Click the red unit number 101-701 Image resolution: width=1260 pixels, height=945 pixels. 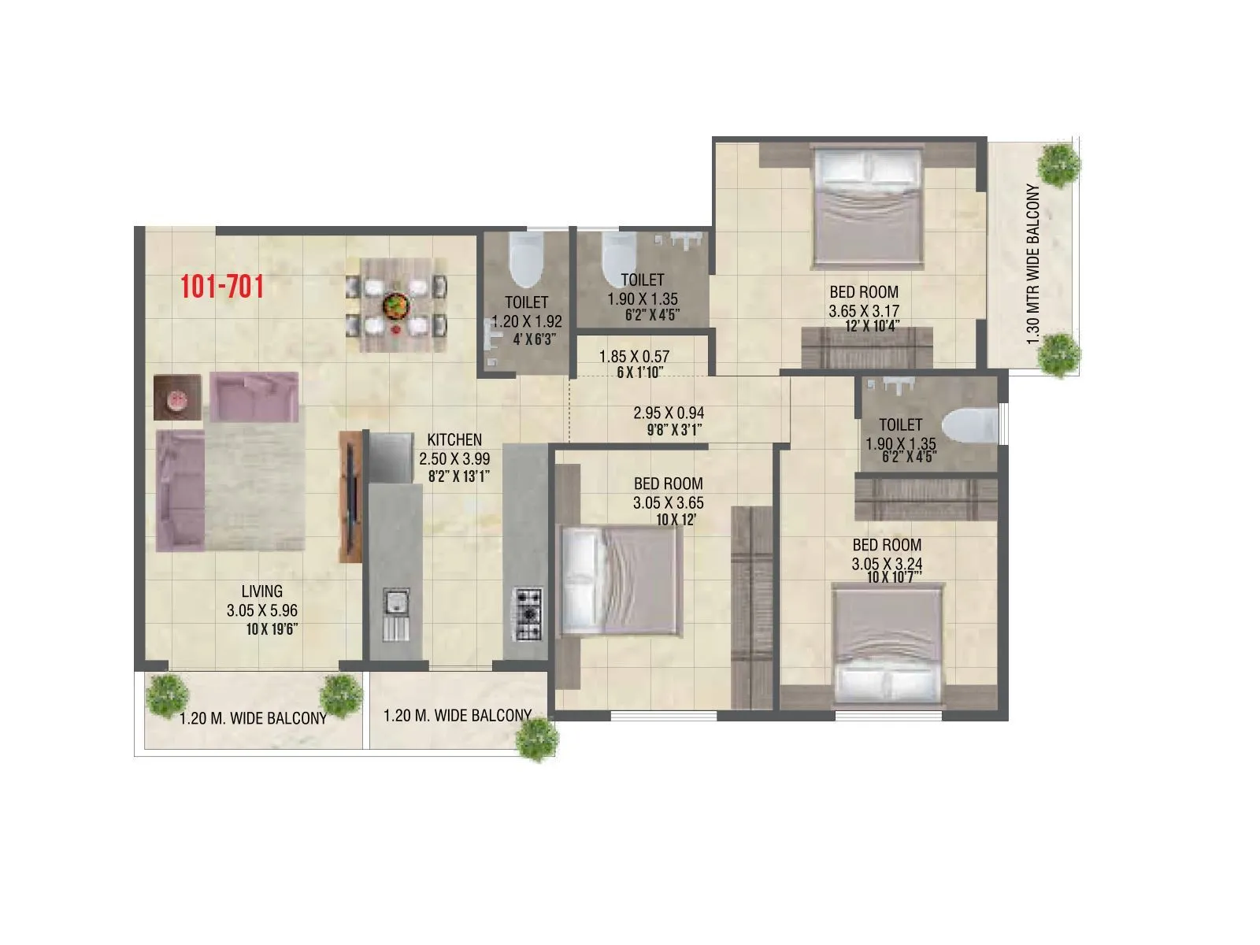pyautogui.click(x=222, y=287)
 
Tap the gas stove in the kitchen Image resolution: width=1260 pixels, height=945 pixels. pyautogui.click(x=528, y=613)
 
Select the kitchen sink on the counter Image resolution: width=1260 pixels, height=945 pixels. pyautogui.click(x=395, y=603)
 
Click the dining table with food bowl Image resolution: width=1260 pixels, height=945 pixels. pyautogui.click(x=395, y=305)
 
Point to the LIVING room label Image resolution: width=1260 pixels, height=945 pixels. pyautogui.click(x=262, y=591)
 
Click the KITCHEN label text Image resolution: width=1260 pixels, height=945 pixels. pyautogui.click(x=454, y=439)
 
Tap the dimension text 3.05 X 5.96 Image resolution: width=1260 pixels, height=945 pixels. pyautogui.click(x=262, y=610)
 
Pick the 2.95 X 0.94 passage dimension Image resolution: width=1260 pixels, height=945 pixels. pyautogui.click(x=669, y=413)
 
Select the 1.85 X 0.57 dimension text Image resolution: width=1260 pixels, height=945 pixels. pyautogui.click(x=634, y=357)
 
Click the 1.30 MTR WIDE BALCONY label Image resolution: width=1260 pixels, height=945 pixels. pyautogui.click(x=1034, y=265)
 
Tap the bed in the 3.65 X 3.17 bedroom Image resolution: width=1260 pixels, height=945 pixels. pyautogui.click(x=867, y=208)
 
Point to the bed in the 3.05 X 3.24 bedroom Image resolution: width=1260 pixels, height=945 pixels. pyautogui.click(x=889, y=642)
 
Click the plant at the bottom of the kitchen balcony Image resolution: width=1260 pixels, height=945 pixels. pyautogui.click(x=539, y=739)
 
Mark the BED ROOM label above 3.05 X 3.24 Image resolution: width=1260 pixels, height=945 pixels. pyautogui.click(x=887, y=545)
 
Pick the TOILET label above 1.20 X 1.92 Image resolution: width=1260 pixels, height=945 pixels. pyautogui.click(x=527, y=302)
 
